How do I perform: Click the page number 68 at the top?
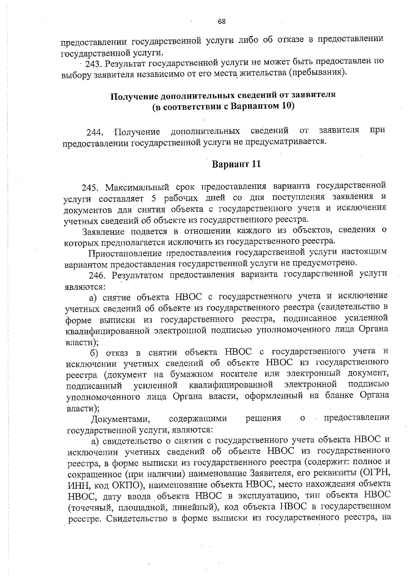click(x=222, y=22)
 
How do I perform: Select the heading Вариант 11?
click(x=237, y=164)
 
